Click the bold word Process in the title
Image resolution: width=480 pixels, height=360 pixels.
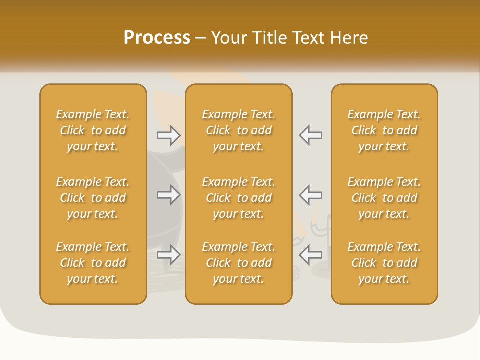tap(157, 38)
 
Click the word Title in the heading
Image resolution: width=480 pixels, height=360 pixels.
tap(270, 38)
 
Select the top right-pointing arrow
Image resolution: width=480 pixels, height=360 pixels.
tap(169, 135)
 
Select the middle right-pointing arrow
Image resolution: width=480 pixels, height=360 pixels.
tap(169, 195)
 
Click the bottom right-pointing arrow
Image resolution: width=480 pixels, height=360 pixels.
tap(169, 255)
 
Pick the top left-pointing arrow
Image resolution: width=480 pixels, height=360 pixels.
tap(310, 135)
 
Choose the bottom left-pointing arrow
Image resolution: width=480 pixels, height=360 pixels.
tap(310, 255)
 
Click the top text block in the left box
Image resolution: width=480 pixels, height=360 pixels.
tap(93, 130)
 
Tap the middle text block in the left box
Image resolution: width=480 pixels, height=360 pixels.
tap(93, 198)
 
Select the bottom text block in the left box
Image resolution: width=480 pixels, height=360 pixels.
tap(93, 263)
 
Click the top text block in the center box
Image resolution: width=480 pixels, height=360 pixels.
tap(238, 130)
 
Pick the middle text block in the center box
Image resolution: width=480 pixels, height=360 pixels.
tap(238, 198)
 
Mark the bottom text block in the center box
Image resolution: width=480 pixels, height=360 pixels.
tap(238, 263)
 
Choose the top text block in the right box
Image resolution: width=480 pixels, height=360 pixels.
tap(384, 130)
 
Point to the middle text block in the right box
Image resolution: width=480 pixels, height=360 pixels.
tap(384, 198)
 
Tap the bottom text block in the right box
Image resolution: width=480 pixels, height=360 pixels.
tap(384, 263)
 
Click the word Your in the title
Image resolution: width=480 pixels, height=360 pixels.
tap(229, 38)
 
